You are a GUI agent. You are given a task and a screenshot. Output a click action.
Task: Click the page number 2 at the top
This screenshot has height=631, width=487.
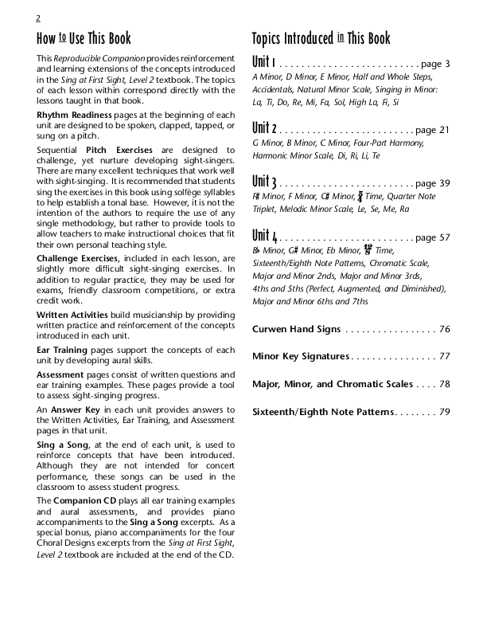[x=38, y=18]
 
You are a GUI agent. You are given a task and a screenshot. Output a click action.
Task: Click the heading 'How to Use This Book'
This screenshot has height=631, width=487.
[x=84, y=39]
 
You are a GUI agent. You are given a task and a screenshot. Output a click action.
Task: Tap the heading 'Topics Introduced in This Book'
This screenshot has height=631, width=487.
[x=321, y=39]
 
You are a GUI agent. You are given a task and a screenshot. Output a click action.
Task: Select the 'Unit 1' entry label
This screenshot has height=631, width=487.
[x=263, y=63]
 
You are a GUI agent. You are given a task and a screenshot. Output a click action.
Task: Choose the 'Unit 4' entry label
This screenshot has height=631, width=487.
[x=264, y=236]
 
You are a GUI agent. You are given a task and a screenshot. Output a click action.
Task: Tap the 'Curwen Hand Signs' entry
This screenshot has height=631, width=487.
[x=296, y=329]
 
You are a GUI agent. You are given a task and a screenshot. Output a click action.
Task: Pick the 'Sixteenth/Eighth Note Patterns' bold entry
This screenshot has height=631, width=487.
[x=323, y=412]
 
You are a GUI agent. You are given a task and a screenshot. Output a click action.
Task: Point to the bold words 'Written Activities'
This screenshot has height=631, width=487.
[x=72, y=315]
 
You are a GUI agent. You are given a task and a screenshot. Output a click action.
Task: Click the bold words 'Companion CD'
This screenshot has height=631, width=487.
[x=85, y=500]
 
